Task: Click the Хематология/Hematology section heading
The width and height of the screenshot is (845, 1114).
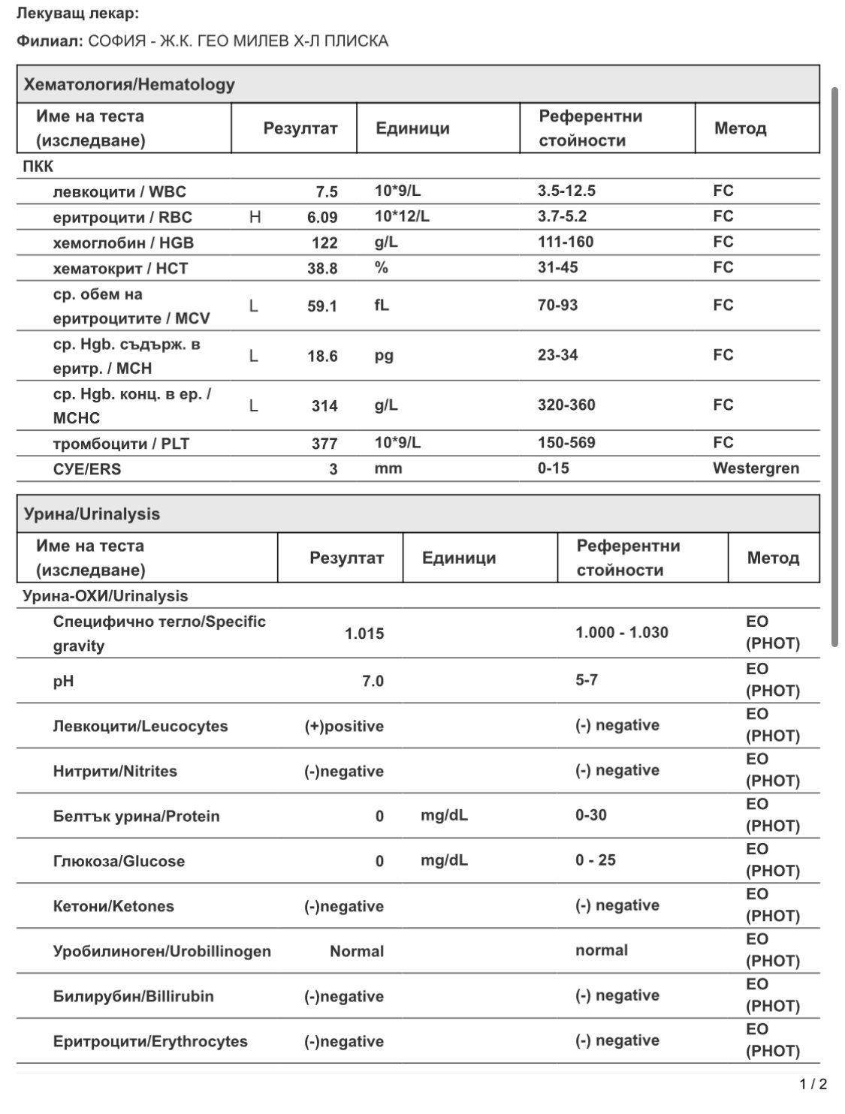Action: click(x=129, y=85)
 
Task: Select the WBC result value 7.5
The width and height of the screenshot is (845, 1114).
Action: click(x=327, y=191)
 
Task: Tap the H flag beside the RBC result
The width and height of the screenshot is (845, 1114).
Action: click(x=255, y=217)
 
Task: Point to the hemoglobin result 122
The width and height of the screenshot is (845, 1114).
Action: click(x=324, y=242)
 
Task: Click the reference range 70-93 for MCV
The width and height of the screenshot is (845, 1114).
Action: click(x=557, y=305)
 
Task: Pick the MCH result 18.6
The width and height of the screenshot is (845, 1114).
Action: click(x=322, y=356)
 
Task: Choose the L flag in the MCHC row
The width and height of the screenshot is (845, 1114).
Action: click(x=254, y=406)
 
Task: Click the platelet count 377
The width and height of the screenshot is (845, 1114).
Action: click(x=324, y=444)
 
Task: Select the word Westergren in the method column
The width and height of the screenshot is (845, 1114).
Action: click(x=756, y=468)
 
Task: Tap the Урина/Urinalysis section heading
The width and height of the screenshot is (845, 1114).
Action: click(x=92, y=514)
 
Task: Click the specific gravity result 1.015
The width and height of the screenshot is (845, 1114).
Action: click(x=364, y=634)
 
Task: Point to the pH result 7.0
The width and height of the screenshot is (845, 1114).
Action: click(x=373, y=682)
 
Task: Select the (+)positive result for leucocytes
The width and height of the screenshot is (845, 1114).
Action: click(x=344, y=727)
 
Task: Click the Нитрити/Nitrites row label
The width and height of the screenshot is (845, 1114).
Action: click(x=115, y=771)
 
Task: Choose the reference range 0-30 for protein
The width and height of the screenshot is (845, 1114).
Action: click(x=591, y=815)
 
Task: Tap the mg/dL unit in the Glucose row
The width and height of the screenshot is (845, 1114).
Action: click(x=444, y=861)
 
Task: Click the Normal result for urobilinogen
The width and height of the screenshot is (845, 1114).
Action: click(x=357, y=951)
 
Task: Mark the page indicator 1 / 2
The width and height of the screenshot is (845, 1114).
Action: click(x=813, y=1084)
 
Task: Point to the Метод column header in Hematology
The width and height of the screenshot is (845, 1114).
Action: click(x=740, y=128)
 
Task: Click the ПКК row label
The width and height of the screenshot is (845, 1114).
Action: click(x=38, y=167)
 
